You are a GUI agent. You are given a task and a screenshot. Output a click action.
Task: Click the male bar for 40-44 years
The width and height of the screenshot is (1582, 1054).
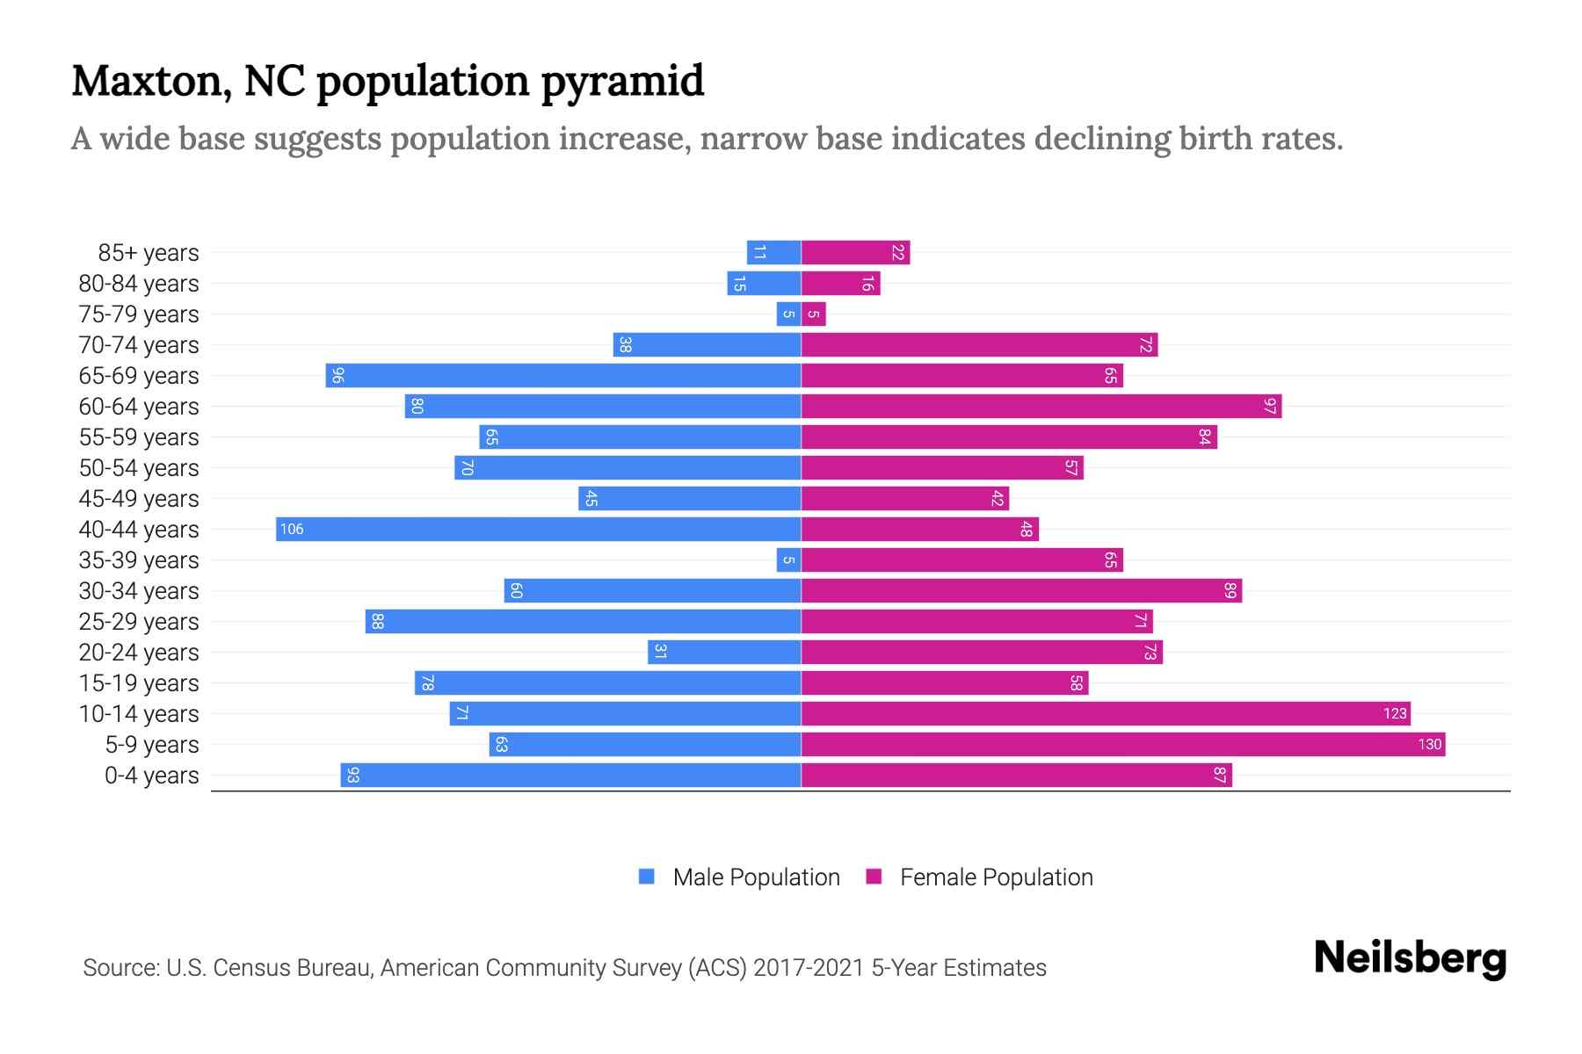(x=538, y=529)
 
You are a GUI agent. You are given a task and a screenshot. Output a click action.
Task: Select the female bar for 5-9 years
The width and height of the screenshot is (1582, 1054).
(x=1122, y=744)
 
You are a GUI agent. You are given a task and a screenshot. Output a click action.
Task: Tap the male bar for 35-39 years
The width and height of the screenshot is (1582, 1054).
(x=788, y=559)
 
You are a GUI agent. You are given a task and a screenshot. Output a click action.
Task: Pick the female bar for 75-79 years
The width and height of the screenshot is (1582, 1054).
(x=813, y=314)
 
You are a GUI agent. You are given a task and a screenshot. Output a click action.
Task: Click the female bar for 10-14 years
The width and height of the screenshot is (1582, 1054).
(x=1105, y=713)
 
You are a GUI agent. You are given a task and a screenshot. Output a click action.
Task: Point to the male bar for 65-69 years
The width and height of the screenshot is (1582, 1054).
(x=562, y=375)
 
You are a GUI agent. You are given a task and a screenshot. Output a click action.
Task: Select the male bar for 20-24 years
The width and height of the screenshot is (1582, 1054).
(x=723, y=652)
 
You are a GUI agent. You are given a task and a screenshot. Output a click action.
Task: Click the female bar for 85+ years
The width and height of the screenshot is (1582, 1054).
(x=855, y=252)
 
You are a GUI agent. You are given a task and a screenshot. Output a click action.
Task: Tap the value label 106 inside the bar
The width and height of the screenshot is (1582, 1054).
(x=292, y=529)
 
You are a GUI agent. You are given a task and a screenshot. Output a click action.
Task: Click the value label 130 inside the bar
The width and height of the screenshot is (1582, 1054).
(x=1429, y=744)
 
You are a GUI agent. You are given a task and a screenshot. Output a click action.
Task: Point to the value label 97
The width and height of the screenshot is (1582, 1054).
(x=1269, y=406)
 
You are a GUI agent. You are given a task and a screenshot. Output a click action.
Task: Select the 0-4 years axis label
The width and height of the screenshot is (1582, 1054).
(x=151, y=776)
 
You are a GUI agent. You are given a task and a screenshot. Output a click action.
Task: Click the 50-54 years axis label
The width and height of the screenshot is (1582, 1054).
(x=139, y=468)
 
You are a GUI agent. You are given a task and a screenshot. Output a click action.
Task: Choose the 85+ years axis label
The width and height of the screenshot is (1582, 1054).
(x=149, y=253)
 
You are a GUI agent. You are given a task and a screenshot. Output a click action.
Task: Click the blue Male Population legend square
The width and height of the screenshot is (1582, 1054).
(x=647, y=877)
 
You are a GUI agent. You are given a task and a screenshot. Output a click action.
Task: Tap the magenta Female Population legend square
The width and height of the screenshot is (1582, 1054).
(x=874, y=877)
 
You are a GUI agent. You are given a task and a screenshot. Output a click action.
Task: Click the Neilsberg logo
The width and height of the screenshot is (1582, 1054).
(x=1410, y=958)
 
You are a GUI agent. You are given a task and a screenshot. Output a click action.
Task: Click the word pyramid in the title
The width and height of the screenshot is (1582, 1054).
(x=621, y=82)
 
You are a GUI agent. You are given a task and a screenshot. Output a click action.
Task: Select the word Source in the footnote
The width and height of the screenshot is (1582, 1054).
(x=120, y=968)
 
